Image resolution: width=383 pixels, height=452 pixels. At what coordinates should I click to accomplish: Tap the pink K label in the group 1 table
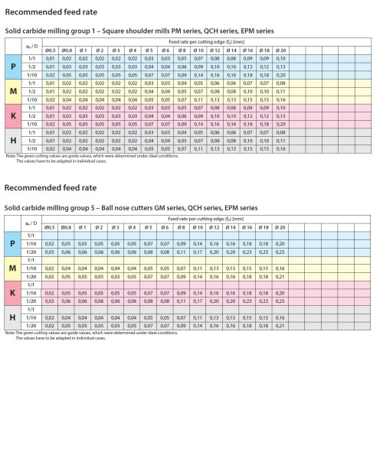coord(11,116)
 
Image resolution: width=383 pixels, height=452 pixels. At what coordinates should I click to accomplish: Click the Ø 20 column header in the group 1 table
coord(280,50)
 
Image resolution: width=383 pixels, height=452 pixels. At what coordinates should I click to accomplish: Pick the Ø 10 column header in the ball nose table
coord(197,228)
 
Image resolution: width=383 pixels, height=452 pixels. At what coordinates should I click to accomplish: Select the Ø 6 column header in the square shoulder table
coord(165,50)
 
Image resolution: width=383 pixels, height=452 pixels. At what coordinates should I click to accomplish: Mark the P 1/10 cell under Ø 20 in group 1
coord(280,75)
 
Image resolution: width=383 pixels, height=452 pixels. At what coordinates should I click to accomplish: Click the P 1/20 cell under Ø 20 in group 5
coord(280,252)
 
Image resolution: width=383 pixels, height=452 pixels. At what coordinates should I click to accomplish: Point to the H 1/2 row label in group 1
coord(31,141)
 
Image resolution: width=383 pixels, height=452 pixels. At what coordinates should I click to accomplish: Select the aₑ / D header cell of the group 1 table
coord(31,47)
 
